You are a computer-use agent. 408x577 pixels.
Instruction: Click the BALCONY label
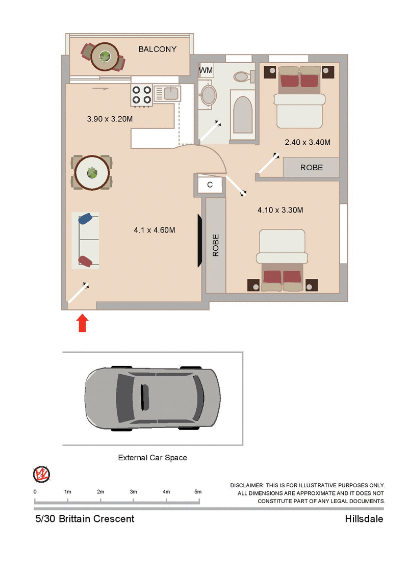tap(158, 49)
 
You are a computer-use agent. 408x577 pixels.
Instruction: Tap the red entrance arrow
tap(83, 323)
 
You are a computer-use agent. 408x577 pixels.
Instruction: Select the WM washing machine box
tap(206, 70)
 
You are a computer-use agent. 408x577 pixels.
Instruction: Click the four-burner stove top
tap(142, 94)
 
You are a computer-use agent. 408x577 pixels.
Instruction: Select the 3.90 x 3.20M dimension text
tap(110, 119)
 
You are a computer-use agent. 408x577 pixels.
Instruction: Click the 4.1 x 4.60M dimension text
tap(155, 230)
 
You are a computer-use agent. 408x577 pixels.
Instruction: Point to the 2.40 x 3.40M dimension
tap(308, 142)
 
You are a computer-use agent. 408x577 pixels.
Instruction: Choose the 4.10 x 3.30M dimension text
tap(280, 209)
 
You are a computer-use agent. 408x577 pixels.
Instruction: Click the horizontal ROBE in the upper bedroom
tap(311, 167)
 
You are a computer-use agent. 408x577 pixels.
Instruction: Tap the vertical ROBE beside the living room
tap(215, 245)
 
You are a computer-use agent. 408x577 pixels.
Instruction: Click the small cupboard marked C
tap(210, 185)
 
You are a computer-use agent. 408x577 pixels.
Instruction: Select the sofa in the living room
tap(85, 240)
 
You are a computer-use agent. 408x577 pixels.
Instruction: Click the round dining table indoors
tap(92, 173)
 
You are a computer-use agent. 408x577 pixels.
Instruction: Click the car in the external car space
tap(152, 397)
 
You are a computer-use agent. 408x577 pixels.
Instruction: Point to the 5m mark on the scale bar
tap(198, 492)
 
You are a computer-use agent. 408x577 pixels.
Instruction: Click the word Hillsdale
tap(364, 519)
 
